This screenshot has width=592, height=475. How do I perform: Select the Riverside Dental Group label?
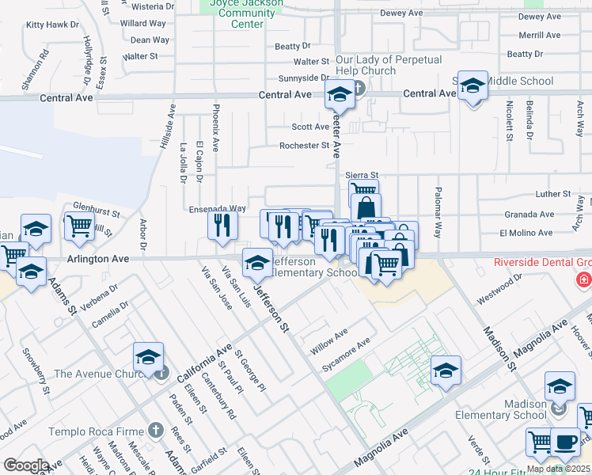point(543,263)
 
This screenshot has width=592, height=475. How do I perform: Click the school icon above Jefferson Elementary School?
point(257,264)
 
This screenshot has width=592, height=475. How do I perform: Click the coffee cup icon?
point(564,443)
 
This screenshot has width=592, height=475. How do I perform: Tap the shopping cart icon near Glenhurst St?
point(79,226)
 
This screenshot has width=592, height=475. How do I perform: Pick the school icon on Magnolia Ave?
point(446,370)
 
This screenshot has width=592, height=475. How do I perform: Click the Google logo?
point(26,465)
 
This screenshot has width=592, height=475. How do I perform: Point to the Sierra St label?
point(362,175)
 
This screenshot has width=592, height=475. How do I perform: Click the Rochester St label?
point(304,146)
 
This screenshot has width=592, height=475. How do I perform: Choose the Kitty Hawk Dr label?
point(53,25)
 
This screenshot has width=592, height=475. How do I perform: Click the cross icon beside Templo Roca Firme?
point(155,431)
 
